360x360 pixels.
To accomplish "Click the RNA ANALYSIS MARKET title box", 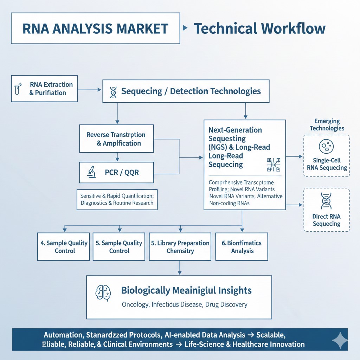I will (x=95, y=28).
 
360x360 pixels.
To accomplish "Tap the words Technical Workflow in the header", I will (x=259, y=28).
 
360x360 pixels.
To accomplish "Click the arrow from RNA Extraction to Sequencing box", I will (x=90, y=90).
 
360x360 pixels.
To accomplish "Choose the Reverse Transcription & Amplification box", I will (x=116, y=139).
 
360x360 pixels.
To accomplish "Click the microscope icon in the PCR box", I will (x=92, y=172).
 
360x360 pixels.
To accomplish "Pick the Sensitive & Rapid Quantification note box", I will (x=117, y=199).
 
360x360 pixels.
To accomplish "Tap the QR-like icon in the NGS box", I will (x=273, y=165).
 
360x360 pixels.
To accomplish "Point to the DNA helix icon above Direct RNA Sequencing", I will (x=326, y=201).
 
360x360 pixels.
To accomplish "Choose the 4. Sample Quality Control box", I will (x=64, y=247).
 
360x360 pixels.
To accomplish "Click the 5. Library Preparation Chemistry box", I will (x=180, y=247).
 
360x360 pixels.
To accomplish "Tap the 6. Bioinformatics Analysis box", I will (x=242, y=247).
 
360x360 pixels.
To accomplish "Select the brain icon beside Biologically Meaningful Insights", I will (x=102, y=291).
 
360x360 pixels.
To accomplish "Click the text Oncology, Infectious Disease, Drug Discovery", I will (x=185, y=304).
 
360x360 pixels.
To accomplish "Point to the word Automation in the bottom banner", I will (x=62, y=334).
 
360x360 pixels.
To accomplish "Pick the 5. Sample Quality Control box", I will (x=119, y=247).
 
